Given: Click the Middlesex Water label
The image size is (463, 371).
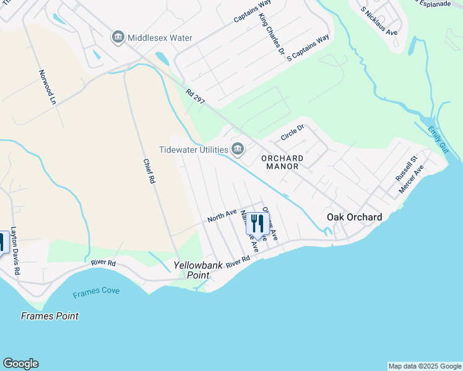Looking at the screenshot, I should click(160, 38).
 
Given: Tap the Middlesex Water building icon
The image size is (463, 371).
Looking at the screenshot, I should click(118, 38).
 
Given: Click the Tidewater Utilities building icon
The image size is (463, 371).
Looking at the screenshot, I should click(238, 149).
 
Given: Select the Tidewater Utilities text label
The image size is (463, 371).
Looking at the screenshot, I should click(193, 149).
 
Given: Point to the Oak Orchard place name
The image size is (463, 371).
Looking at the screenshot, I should click(354, 217).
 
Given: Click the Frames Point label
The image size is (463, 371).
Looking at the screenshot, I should click(50, 316).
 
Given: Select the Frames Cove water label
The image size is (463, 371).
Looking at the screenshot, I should click(95, 293).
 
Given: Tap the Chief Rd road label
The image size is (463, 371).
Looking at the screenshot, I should click(149, 171).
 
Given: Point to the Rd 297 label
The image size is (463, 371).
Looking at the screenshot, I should click(195, 96).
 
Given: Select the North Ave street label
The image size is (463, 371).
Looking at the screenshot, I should click(222, 216).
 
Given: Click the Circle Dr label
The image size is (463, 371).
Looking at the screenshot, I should click(293, 132).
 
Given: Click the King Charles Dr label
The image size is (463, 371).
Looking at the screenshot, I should click(272, 36).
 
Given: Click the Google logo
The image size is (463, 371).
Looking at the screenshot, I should click(20, 364).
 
